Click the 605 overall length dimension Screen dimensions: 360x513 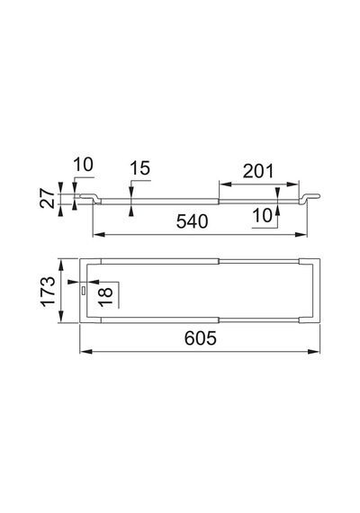(x=201, y=338)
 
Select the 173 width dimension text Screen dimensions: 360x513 (x=48, y=291)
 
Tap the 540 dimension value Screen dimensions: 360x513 (x=192, y=221)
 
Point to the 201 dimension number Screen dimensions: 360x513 (x=258, y=171)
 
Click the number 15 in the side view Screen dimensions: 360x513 (x=140, y=168)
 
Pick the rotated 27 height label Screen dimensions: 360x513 (x=48, y=198)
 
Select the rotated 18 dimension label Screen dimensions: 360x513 (x=105, y=296)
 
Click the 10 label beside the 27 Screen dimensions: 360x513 (x=83, y=164)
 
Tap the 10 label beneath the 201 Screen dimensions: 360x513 (x=263, y=216)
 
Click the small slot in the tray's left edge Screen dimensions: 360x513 (x=84, y=290)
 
